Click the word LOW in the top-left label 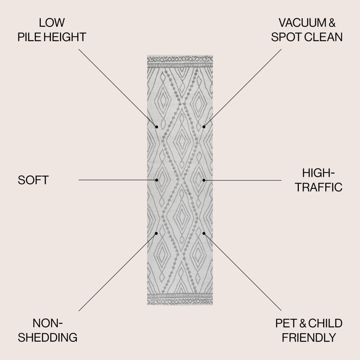[52, 23]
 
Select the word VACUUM [302, 23]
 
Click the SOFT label [33, 180]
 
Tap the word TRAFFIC [319, 187]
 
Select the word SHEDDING [48, 337]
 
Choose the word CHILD [325, 323]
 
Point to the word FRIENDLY [309, 338]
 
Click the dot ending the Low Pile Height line [156, 127]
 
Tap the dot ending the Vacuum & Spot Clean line [204, 127]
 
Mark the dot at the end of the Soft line [156, 180]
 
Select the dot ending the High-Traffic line [204, 180]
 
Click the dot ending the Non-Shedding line [156, 233]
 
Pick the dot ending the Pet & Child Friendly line [204, 233]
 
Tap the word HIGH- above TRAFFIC [318, 173]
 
